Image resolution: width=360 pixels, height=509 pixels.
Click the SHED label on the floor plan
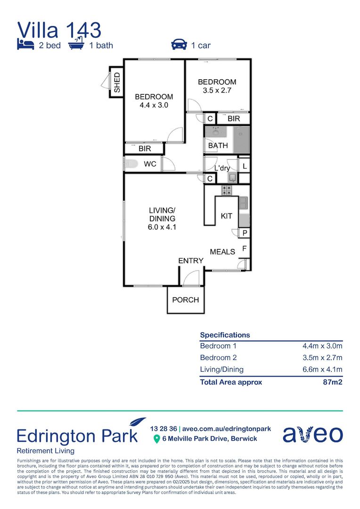click(117, 82)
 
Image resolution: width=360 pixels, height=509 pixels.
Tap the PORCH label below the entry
click(185, 300)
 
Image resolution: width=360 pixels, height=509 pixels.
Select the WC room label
click(150, 164)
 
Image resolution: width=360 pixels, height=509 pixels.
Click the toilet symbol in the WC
click(131, 164)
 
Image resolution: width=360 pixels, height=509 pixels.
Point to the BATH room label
click(218, 146)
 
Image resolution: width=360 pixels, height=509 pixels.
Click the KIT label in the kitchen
click(226, 216)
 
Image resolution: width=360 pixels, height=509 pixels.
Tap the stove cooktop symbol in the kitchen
click(227, 190)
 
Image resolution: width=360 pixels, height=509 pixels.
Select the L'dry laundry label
click(222, 168)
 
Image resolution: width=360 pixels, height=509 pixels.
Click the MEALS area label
click(222, 252)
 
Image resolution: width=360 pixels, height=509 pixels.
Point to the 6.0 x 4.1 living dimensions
click(162, 227)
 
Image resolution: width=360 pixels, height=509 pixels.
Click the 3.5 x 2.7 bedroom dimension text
click(217, 90)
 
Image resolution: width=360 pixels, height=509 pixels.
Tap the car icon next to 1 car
click(179, 44)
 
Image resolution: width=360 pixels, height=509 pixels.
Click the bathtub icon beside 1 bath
click(76, 43)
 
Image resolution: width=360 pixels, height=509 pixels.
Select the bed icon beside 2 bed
click(25, 44)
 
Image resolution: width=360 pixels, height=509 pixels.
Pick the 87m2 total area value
click(332, 382)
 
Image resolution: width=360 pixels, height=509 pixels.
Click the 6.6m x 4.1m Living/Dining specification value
click(322, 369)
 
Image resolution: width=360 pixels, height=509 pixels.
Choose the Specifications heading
click(225, 335)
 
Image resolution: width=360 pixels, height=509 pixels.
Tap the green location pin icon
click(157, 439)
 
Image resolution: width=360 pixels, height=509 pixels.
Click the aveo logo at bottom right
click(312, 434)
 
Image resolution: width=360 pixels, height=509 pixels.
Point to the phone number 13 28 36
click(164, 429)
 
